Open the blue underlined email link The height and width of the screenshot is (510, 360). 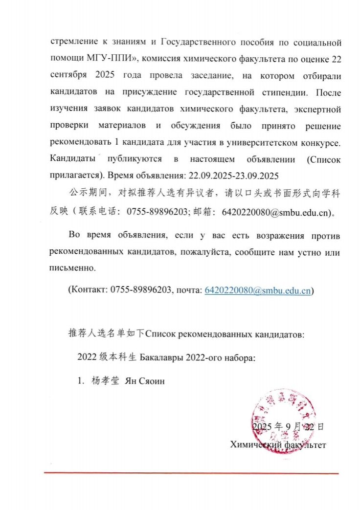click(257, 289)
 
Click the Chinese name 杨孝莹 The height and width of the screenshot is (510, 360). click(105, 380)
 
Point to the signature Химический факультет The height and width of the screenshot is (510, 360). click(278, 444)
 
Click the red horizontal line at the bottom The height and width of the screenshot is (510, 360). click(191, 473)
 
